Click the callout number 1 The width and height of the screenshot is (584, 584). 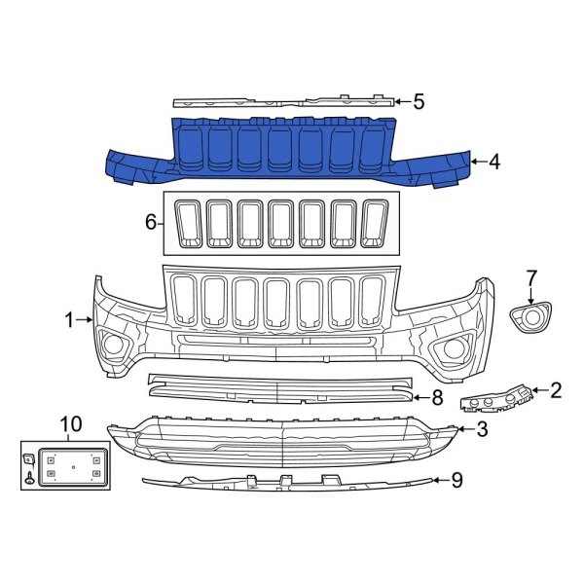(x=70, y=319)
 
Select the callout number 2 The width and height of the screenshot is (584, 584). (x=556, y=391)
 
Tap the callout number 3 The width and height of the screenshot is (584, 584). (x=482, y=428)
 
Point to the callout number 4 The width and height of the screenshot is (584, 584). (x=494, y=162)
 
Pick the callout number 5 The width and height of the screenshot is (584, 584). (x=420, y=101)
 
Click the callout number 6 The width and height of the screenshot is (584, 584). (x=151, y=223)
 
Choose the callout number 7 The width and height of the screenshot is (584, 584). (x=531, y=277)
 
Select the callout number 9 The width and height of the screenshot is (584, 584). (x=456, y=479)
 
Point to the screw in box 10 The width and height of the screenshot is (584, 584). (x=30, y=477)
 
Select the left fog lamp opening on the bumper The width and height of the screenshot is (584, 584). (x=115, y=346)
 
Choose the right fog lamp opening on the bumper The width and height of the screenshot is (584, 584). (x=455, y=350)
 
